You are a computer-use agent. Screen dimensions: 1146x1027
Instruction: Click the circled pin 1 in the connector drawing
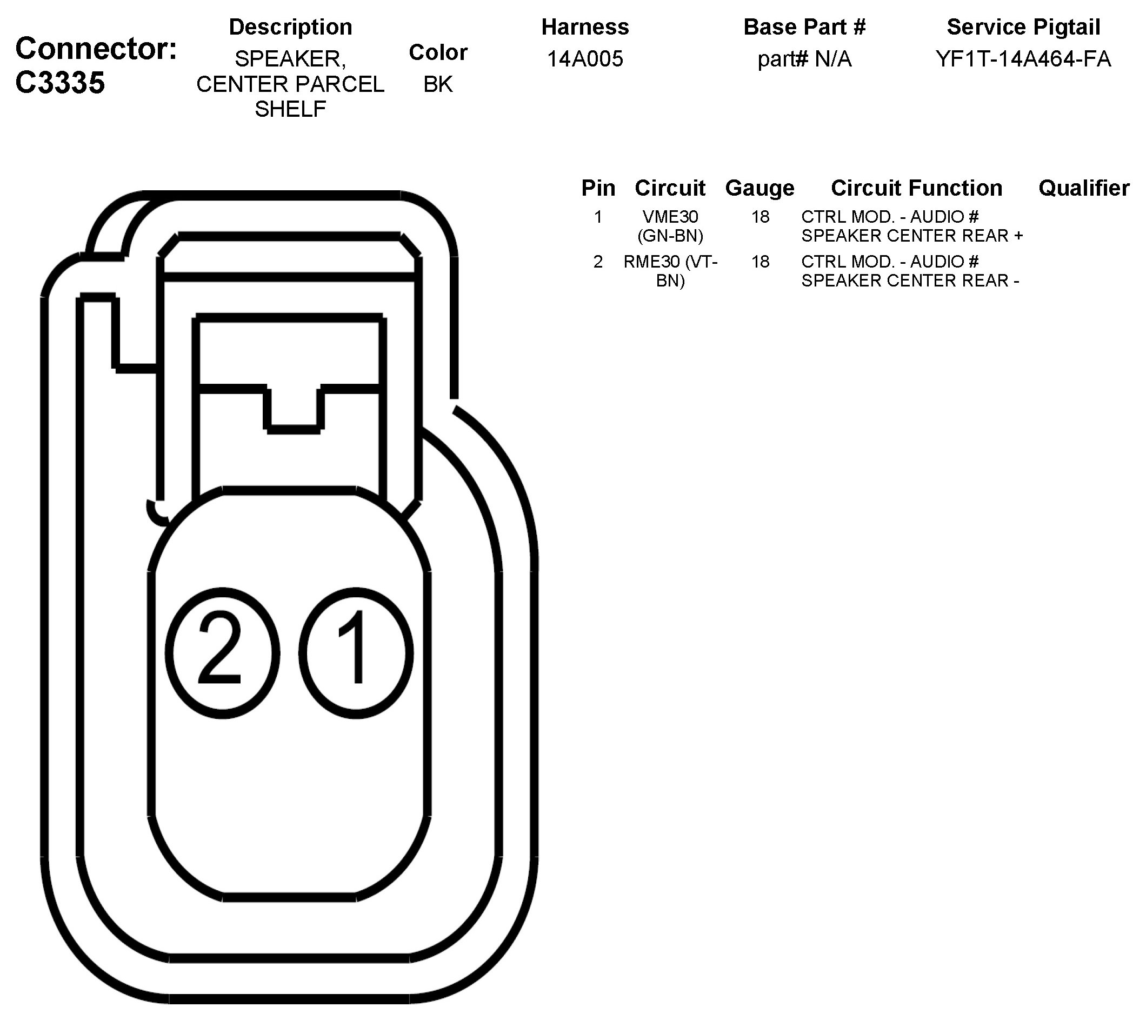point(356,652)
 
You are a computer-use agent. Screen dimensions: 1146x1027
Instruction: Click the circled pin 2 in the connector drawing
point(223,652)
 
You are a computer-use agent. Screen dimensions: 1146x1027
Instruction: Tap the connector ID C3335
point(60,83)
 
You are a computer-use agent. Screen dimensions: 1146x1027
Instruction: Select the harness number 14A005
point(585,59)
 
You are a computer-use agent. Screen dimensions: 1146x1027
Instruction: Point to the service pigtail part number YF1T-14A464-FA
point(1023,59)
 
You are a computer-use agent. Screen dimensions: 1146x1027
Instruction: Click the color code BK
point(438,84)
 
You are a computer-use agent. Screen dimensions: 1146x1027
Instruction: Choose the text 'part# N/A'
point(804,59)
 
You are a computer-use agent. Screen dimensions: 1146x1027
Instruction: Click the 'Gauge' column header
point(759,188)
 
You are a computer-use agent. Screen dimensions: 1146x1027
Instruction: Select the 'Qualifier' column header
point(1083,188)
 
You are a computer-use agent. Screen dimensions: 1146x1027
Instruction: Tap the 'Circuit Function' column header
point(916,188)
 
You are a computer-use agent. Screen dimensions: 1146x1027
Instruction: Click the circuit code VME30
point(670,217)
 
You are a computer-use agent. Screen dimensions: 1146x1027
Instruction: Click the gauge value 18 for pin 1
point(760,217)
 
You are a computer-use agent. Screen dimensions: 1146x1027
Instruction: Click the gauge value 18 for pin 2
point(760,262)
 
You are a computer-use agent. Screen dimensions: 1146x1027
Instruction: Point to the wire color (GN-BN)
point(670,235)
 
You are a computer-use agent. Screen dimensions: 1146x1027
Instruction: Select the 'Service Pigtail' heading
point(1023,27)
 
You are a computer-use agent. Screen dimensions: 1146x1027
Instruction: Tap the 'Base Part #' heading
point(804,27)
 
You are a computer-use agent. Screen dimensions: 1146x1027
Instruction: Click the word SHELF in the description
point(290,109)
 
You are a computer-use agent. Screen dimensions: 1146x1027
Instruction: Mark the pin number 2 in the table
point(598,262)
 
